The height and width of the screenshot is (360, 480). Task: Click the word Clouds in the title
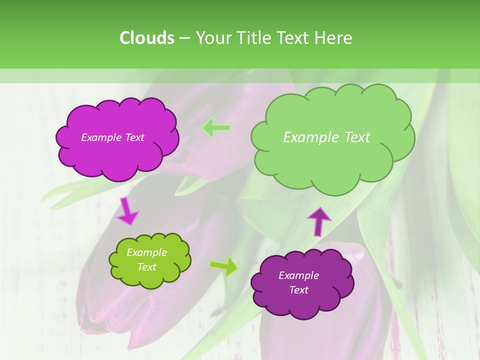[146, 37]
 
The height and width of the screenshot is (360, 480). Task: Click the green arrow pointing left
[216, 128]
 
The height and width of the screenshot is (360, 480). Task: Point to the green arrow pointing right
[224, 266]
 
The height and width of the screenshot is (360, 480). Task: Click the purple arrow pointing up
[318, 221]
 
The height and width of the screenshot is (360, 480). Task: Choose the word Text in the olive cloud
[147, 267]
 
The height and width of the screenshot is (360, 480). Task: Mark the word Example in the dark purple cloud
[298, 275]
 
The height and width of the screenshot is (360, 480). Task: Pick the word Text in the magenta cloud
[134, 137]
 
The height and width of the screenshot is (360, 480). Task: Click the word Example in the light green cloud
[311, 137]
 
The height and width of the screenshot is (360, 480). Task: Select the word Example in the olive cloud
[147, 252]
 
